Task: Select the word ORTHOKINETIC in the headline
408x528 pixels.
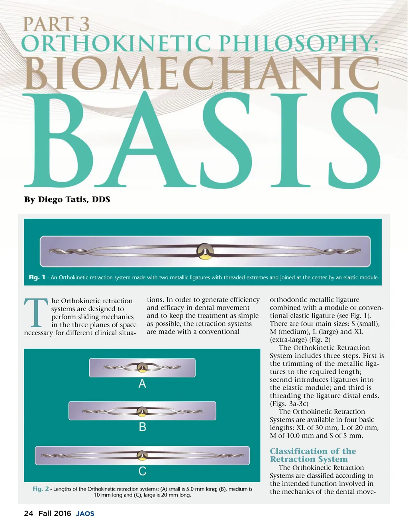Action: (116, 44)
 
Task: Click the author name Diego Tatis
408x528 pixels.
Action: (74, 199)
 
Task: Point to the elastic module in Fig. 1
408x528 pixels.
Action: (206, 251)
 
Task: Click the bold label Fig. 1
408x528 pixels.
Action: (37, 277)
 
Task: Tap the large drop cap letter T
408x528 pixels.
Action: (36, 313)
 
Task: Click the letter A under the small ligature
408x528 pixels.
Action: (142, 384)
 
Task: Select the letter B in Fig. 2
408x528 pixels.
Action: (142, 427)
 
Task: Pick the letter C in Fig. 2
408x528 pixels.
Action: (142, 471)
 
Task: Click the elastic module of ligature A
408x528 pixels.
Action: (142, 367)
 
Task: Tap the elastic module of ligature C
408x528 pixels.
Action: (142, 455)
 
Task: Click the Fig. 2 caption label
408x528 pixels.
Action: (41, 489)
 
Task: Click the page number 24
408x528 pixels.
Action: (29, 514)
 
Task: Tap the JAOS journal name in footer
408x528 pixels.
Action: (85, 514)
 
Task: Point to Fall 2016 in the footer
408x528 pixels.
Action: (55, 514)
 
